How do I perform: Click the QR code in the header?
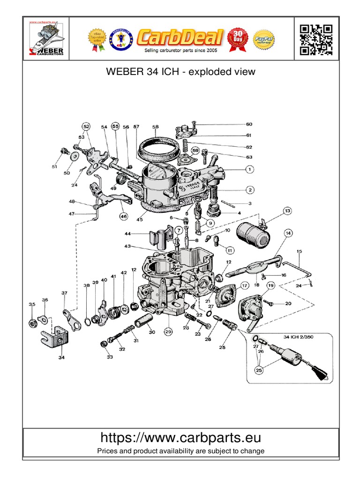pos(316,40)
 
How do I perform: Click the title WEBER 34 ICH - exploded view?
pos(180,72)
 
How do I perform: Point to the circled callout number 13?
pos(287,210)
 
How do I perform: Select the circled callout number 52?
pos(86,127)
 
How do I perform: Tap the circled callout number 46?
pos(123,217)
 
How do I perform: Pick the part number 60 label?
pos(249,125)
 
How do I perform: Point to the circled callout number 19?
pos(271,285)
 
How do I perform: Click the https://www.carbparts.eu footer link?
pos(180,438)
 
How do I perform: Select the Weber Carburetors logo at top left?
pos(46,40)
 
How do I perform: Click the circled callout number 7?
pos(179,230)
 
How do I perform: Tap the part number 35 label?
pos(32,305)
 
